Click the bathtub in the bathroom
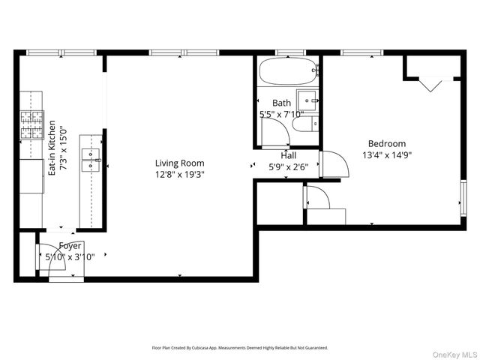coord(287,74)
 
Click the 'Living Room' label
coord(179,163)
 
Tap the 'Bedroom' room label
coord(386,144)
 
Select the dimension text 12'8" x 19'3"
coord(179,174)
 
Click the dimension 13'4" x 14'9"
coord(386,155)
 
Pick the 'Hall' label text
coord(289,155)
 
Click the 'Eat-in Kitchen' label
coord(52,148)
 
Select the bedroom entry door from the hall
coord(332,165)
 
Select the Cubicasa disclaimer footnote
coord(239,348)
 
